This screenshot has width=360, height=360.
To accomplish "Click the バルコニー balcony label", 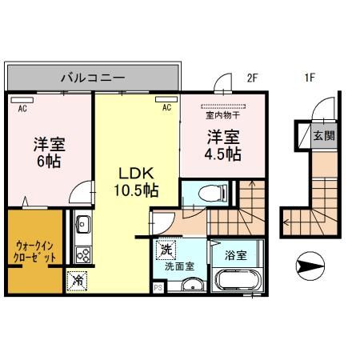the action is click(x=93, y=78).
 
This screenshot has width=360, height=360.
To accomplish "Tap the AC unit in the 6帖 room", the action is click(x=22, y=100).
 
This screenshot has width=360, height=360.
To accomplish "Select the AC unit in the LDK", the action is click(x=166, y=99).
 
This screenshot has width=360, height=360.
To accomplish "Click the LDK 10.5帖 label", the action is click(x=136, y=182).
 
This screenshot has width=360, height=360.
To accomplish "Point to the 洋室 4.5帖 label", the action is click(x=223, y=145).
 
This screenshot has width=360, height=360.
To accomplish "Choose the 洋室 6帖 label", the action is click(x=49, y=152).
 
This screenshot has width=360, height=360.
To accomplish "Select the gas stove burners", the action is click(x=83, y=255).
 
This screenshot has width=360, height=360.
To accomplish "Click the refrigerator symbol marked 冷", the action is click(x=77, y=281).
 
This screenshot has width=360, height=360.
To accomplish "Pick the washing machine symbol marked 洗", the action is click(x=166, y=250).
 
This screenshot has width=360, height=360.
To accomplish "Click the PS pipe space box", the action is click(x=158, y=288).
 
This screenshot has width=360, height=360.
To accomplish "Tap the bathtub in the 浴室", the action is click(x=235, y=279).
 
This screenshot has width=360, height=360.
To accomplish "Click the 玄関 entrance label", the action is click(x=324, y=136).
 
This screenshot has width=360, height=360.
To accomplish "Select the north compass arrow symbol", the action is click(x=310, y=266).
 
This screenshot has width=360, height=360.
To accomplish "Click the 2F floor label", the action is click(x=252, y=78).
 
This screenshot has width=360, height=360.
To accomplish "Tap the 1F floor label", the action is click(x=310, y=78).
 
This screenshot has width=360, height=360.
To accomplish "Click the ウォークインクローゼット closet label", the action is click(x=34, y=251).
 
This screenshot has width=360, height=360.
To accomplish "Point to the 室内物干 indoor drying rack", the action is click(x=223, y=106).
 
